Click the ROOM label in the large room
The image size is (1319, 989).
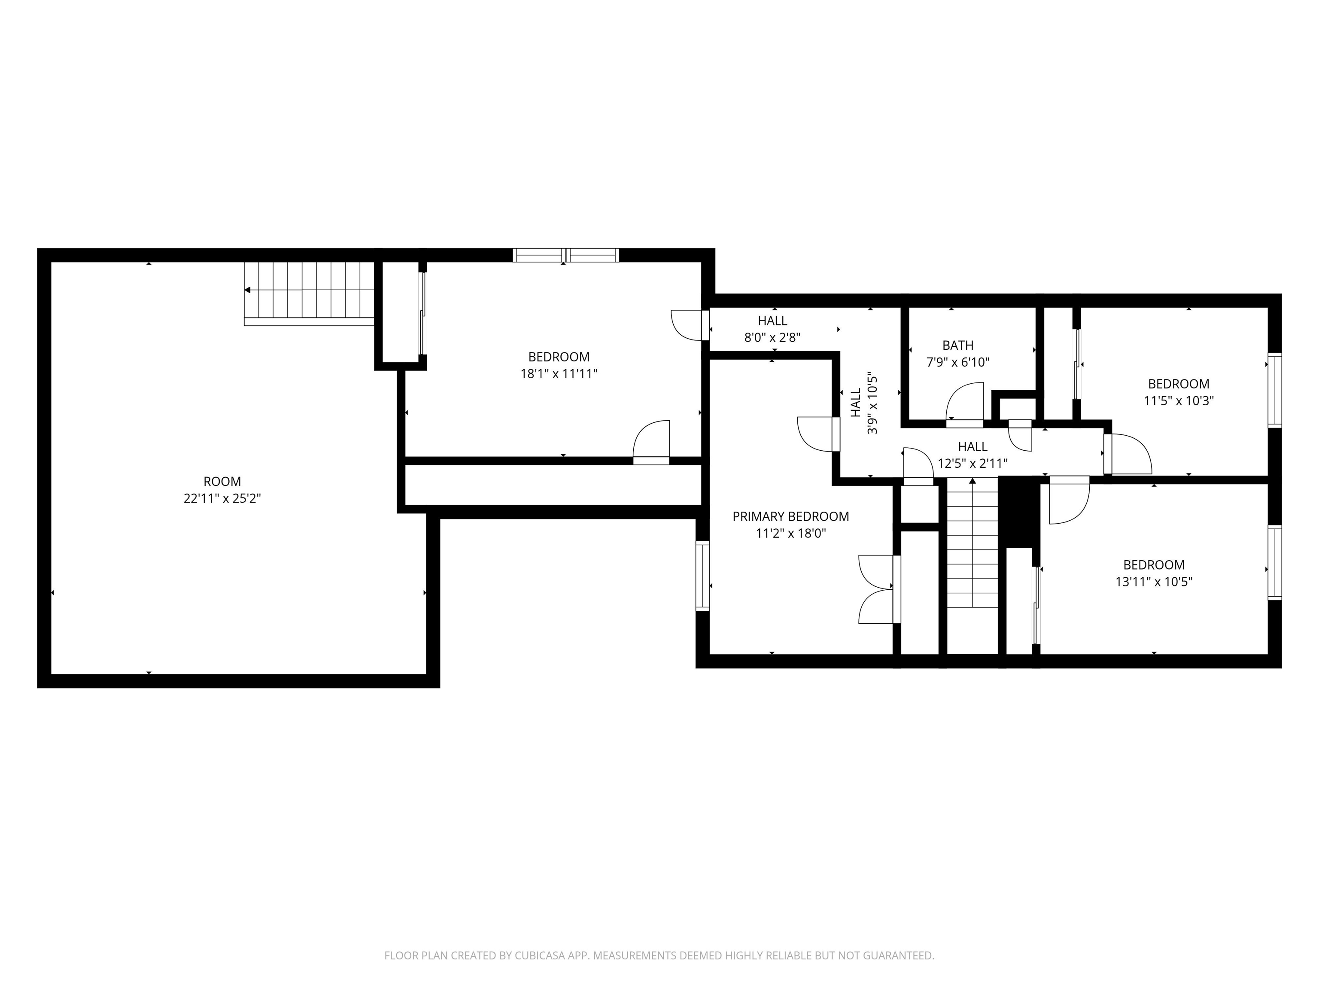222,481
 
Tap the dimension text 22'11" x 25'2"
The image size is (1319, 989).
222,498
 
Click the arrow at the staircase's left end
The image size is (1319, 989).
247,290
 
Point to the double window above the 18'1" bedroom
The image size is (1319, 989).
565,255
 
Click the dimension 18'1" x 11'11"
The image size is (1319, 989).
558,374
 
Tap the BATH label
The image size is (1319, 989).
957,345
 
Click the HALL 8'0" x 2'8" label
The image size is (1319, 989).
772,329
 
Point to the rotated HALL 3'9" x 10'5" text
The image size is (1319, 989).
864,403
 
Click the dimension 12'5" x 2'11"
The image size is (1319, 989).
973,463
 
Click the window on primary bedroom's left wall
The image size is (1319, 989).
703,576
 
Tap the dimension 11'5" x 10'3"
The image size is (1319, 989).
1178,400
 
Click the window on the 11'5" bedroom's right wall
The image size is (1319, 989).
1274,391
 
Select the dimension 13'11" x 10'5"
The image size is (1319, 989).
1153,582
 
